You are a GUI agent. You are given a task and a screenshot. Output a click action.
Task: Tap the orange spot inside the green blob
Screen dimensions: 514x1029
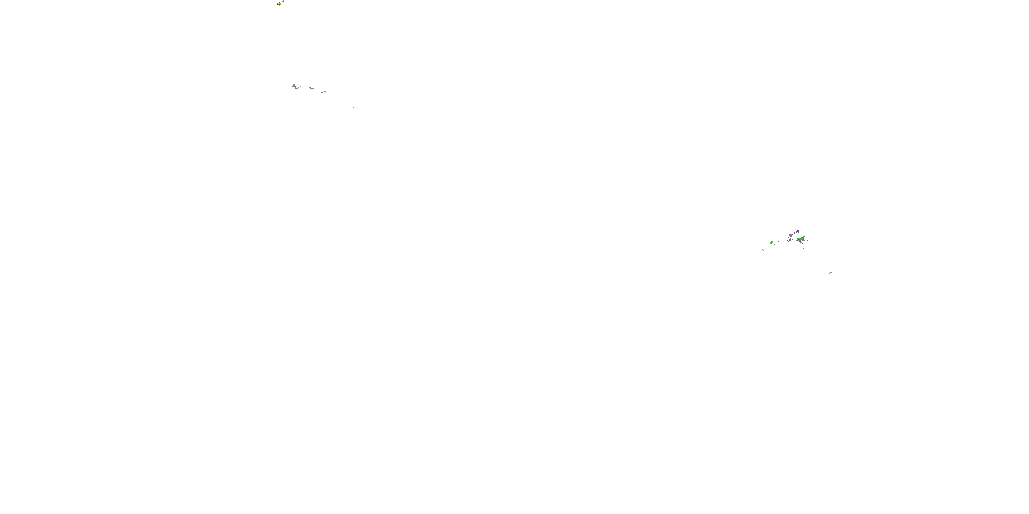(281, 4)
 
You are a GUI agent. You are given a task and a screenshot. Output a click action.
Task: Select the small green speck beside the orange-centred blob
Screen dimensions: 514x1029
(283, 1)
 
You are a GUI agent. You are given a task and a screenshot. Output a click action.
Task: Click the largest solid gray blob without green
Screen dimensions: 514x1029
(294, 86)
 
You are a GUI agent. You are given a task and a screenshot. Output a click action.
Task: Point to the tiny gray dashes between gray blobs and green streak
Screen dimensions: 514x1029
(300, 87)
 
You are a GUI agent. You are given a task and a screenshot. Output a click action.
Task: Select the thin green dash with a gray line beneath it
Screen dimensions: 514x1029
(324, 91)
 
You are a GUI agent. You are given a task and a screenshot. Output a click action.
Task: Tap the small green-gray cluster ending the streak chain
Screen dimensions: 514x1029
(353, 107)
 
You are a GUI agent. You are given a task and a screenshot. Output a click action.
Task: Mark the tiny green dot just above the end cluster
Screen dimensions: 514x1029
(357, 103)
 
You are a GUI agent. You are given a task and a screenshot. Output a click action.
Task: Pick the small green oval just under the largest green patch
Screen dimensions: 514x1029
(802, 243)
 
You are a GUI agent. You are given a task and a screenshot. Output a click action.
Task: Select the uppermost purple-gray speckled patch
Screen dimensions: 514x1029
(796, 232)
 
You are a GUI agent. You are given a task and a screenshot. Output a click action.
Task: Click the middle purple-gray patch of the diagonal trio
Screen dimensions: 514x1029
(791, 235)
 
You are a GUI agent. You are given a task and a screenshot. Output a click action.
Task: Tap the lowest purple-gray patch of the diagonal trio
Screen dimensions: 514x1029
(790, 240)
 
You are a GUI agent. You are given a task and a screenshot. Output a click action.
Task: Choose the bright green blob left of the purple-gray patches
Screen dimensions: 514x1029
(771, 243)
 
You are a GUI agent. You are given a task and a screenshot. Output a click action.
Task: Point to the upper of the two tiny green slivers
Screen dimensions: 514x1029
(763, 250)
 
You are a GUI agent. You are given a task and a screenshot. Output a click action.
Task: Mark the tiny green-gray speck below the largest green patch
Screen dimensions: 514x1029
(804, 249)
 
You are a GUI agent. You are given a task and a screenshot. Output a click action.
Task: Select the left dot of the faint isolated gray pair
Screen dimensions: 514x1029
(872, 102)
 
